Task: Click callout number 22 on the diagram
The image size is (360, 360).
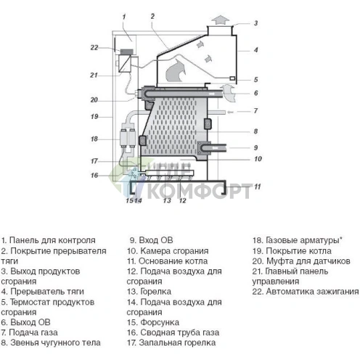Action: coord(94,48)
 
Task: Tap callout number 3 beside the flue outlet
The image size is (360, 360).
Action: coord(255,23)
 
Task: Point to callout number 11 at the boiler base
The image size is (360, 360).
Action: coord(256,187)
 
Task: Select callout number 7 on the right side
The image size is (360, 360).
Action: coord(255,111)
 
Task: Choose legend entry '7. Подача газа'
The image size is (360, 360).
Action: coord(33,332)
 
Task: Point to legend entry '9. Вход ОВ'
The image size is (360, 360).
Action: coord(152,239)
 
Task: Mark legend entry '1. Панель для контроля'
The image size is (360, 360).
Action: coord(48,239)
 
